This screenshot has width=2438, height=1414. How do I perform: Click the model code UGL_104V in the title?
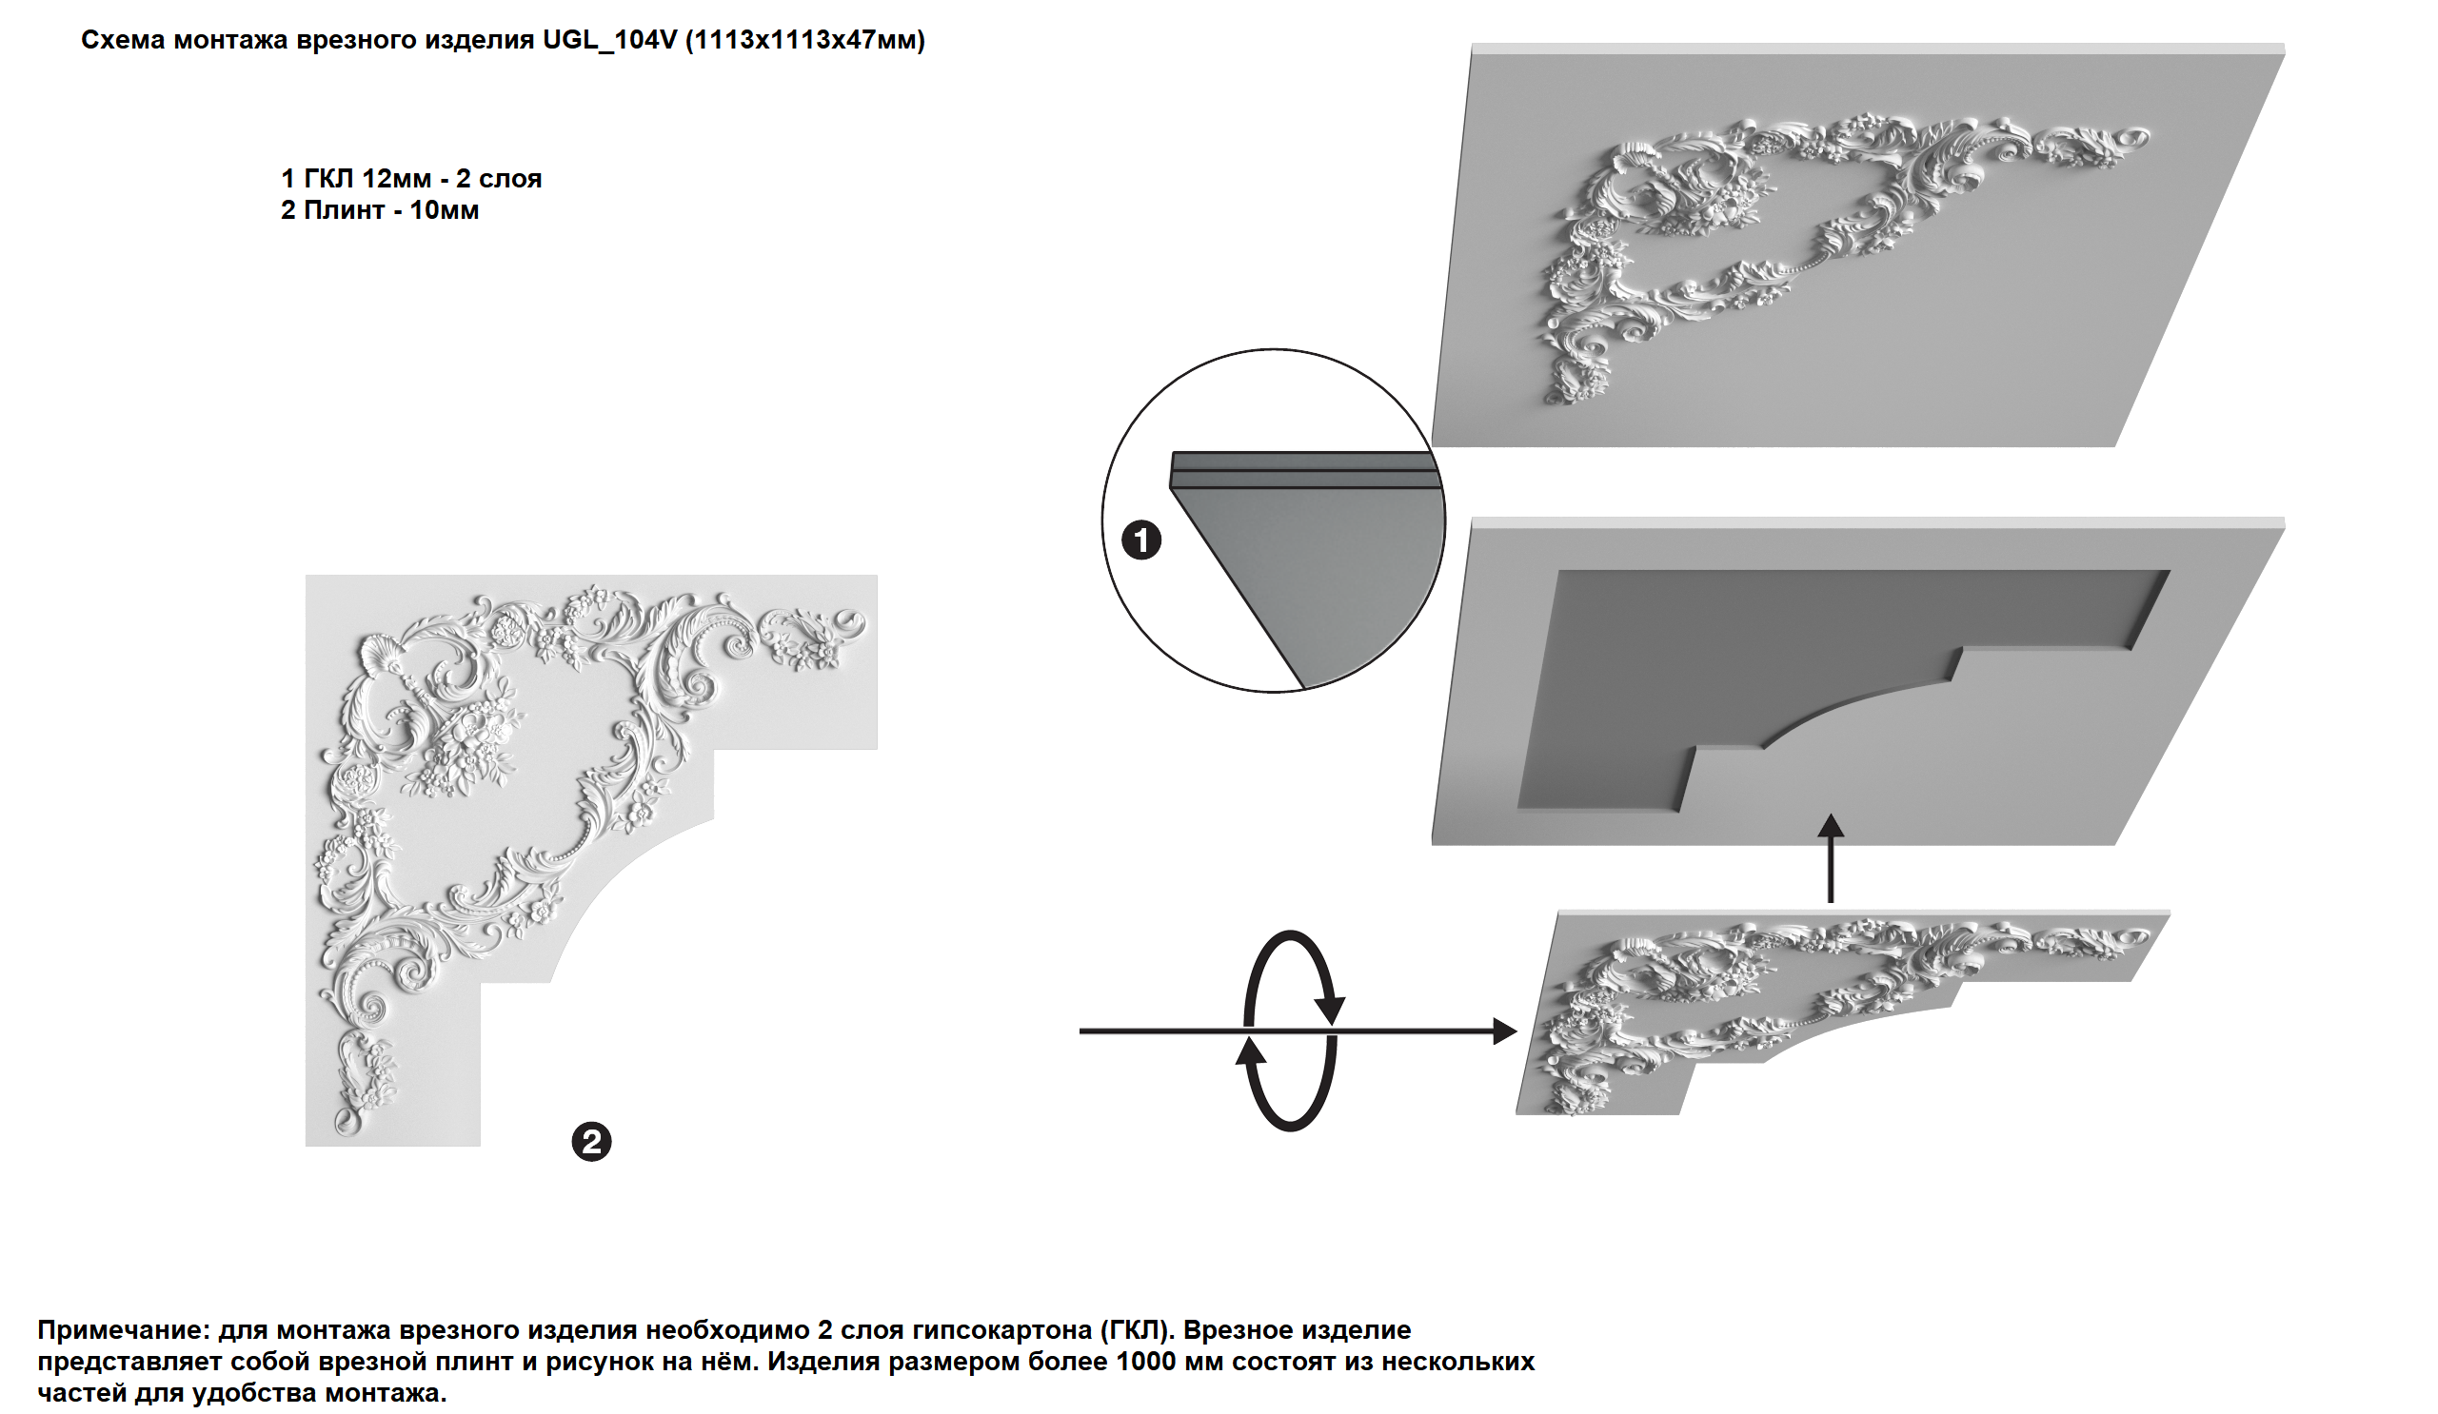609,40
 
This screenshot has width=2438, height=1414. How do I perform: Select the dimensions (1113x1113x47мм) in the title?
806,41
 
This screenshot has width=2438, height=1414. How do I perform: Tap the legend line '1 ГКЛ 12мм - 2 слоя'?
411,179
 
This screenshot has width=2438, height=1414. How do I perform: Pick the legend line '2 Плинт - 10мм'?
379,211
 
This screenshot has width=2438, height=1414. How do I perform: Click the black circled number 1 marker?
1141,540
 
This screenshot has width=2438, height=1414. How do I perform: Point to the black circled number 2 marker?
591,1142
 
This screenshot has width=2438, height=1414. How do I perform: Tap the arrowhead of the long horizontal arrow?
1505,1031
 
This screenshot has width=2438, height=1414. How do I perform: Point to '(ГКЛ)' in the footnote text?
1136,1331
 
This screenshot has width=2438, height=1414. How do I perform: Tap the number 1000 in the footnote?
1145,1362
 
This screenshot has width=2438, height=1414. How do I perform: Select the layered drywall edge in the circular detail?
1301,470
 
